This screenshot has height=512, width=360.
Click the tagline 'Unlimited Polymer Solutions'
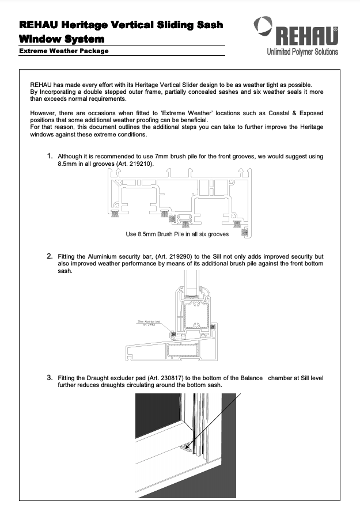302,52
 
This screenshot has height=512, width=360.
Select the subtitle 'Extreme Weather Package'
64,51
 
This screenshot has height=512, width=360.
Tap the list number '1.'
50,156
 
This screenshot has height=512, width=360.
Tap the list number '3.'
50,378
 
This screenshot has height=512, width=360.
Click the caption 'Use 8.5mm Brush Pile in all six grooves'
177,234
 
